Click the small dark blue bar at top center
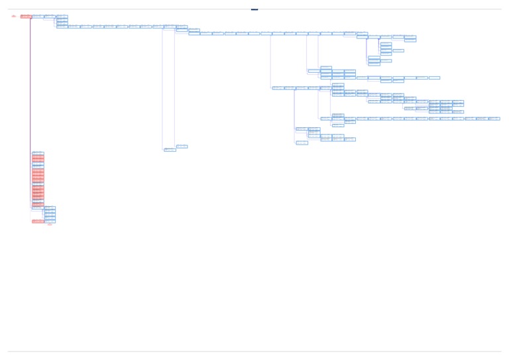pyautogui.click(x=254, y=9)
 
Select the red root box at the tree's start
pyautogui.click(x=26, y=17)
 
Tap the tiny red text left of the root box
pyautogui.click(x=14, y=17)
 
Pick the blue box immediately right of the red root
pyautogui.click(x=38, y=17)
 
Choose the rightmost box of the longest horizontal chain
pyautogui.click(x=494, y=119)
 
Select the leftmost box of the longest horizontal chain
pyautogui.click(x=326, y=119)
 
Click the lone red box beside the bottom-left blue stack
pyautogui.click(x=38, y=221)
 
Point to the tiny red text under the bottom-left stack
pyautogui.click(x=50, y=225)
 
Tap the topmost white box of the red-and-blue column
pyautogui.click(x=38, y=153)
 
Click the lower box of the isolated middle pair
pyautogui.click(x=170, y=150)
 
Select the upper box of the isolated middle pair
pyautogui.click(x=182, y=147)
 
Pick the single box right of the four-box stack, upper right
pyautogui.click(x=398, y=50)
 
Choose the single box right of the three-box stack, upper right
pyautogui.click(x=386, y=61)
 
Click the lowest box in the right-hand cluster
pyautogui.click(x=302, y=143)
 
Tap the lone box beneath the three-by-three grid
pyautogui.click(x=458, y=112)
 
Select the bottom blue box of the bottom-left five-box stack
pyautogui.click(x=50, y=221)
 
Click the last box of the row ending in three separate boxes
pyautogui.click(x=434, y=78)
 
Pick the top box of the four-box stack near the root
pyautogui.click(x=62, y=17)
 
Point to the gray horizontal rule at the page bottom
pyautogui.click(x=254, y=351)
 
